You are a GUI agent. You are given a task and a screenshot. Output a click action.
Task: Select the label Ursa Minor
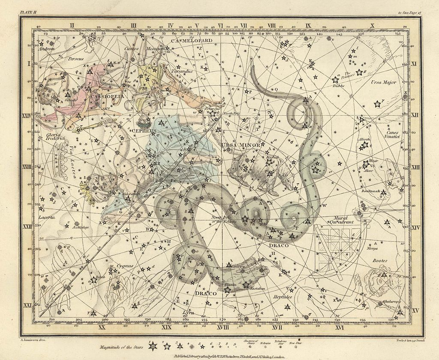[x=241, y=145]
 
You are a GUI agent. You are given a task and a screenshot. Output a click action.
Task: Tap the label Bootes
[x=379, y=260]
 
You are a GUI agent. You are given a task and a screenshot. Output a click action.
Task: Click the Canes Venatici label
[x=392, y=135]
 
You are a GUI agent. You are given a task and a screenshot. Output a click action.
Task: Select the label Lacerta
[x=46, y=218]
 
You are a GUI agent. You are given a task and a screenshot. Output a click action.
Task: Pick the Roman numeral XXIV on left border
[x=27, y=115]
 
